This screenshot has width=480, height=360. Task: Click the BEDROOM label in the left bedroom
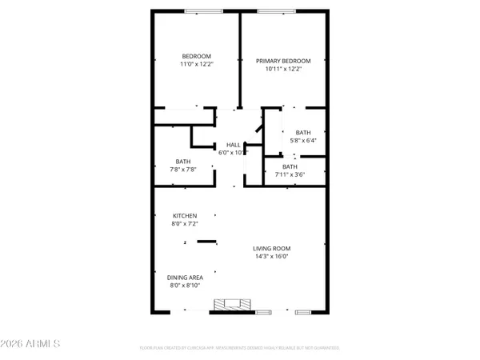(195, 56)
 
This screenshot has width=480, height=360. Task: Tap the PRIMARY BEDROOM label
(282, 61)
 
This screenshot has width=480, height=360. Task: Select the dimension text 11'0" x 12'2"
(195, 64)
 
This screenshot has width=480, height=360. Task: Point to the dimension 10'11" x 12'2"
(282, 69)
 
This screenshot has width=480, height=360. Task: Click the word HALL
(233, 144)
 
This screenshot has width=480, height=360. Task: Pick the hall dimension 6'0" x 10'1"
(233, 152)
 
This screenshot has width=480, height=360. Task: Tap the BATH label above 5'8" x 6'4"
(302, 133)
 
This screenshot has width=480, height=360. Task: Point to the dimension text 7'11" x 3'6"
(289, 174)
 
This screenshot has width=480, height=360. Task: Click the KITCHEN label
(185, 216)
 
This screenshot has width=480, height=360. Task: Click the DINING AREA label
(186, 278)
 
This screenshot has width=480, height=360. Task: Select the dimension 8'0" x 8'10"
(186, 286)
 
